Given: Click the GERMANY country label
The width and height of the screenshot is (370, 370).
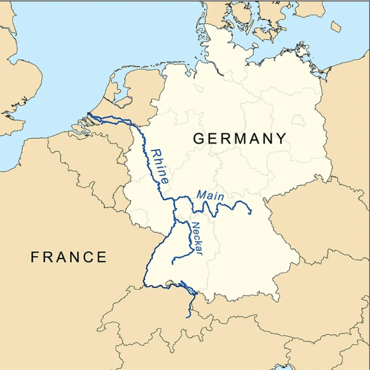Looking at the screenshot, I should click(239, 139).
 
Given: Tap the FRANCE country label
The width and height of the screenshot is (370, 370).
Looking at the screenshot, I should click(68, 257).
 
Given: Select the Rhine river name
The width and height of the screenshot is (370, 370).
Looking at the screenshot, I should click(159, 166).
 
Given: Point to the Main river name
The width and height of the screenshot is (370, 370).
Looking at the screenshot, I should click(210, 195).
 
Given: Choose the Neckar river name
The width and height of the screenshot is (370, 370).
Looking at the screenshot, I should click(197, 238).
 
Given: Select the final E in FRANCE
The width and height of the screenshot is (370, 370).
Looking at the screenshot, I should click(102, 257).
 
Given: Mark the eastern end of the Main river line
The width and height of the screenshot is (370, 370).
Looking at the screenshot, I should click(251, 212).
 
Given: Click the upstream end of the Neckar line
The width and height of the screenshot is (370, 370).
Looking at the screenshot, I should click(173, 263).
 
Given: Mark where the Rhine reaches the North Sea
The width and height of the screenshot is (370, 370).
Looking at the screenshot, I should click(89, 114).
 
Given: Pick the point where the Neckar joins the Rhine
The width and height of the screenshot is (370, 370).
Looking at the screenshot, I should click(175, 221).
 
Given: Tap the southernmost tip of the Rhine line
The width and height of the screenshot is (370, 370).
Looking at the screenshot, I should click(188, 317).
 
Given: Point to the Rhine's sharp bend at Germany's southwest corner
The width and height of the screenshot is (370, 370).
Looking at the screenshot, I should click(145, 285).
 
